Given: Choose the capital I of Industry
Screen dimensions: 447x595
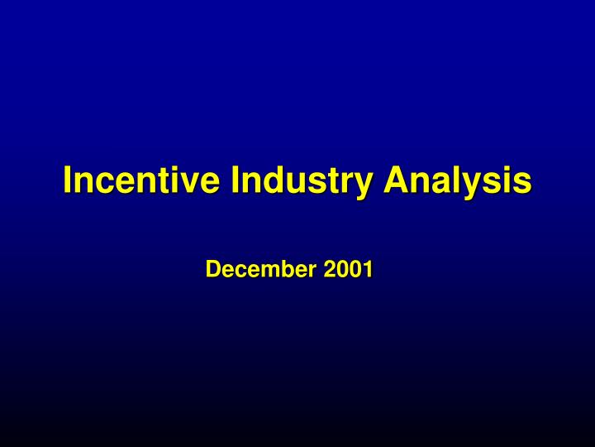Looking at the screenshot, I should tap(236, 180).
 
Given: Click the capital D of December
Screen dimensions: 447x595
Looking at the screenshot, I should tap(212, 269).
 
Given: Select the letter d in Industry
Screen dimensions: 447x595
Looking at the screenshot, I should tap(270, 180).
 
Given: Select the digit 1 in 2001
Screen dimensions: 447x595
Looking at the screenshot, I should tap(368, 269).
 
